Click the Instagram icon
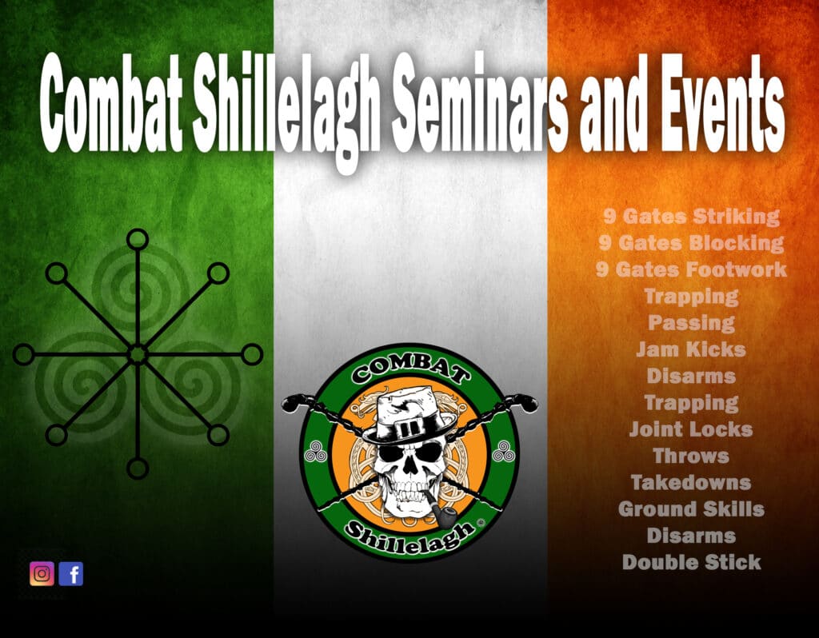42,574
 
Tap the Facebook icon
71,574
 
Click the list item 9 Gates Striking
692,217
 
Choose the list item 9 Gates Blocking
692,243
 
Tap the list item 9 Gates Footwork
692,270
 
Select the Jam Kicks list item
692,349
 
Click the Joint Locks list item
692,429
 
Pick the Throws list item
692,456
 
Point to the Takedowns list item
692,482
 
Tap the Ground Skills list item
692,509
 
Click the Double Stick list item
692,562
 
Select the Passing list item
692,323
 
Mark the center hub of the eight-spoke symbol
138,354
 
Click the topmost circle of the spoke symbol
138,240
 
